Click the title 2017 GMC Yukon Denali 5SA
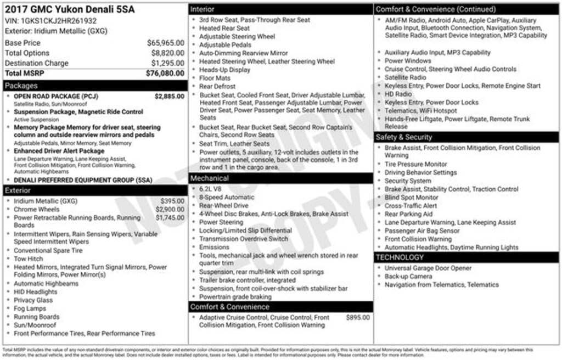tap(70, 9)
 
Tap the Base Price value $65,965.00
tap(165, 43)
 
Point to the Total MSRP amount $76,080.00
tap(165, 73)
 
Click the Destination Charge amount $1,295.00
tap(167, 63)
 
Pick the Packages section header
tap(21, 86)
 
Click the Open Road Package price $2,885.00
tap(169, 96)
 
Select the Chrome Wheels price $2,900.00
tap(170, 209)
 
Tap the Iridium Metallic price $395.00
tap(172, 201)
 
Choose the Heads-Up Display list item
tap(224, 70)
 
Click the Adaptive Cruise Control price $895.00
tap(358, 317)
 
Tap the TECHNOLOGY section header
tap(400, 257)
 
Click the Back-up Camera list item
tap(408, 277)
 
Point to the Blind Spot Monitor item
tap(411, 198)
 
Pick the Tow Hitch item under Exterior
tap(28, 259)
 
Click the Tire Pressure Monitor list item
tap(415, 164)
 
